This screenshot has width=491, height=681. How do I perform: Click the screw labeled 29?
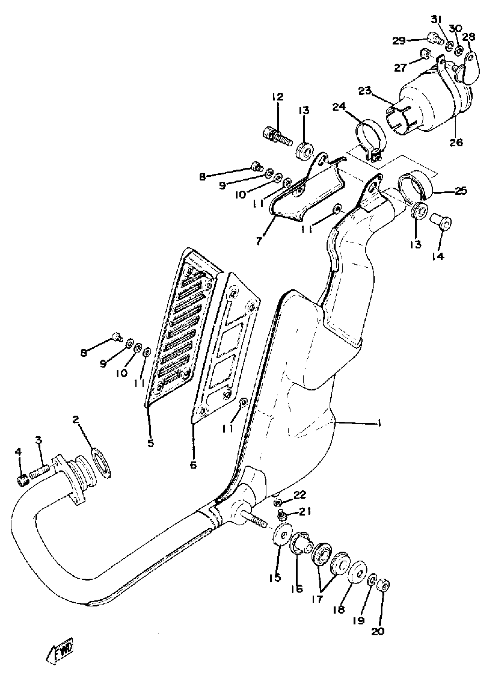tap(434, 38)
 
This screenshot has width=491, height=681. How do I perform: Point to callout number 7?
tap(259, 241)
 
